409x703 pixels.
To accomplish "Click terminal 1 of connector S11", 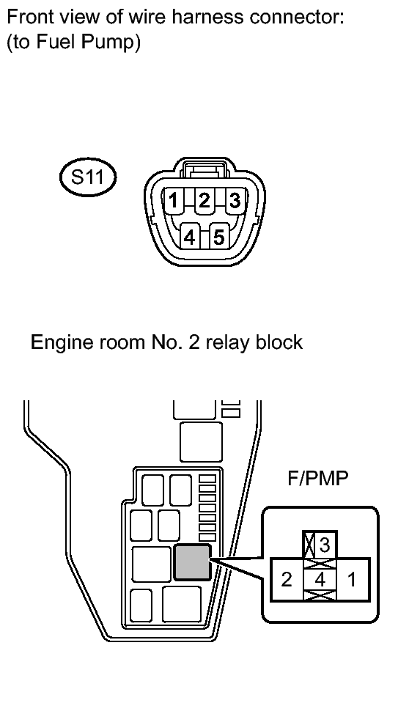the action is point(172,200).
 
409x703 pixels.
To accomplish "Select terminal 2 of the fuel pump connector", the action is point(204,200).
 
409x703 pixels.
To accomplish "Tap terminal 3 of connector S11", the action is point(235,200).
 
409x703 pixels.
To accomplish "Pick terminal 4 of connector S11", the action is point(190,237).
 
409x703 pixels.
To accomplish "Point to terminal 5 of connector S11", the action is point(219,237).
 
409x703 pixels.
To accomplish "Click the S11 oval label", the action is point(88,177).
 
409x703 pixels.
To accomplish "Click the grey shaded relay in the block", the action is point(192,562).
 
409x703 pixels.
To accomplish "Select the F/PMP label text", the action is point(317,479).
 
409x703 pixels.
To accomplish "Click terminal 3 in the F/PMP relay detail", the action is point(325,545).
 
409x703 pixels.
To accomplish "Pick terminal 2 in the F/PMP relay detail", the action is point(287,580).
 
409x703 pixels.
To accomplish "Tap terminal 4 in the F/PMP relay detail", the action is point(320,580).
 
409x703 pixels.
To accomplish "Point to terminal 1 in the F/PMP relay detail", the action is point(353,580).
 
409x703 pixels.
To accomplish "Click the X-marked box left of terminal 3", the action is point(309,545).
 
